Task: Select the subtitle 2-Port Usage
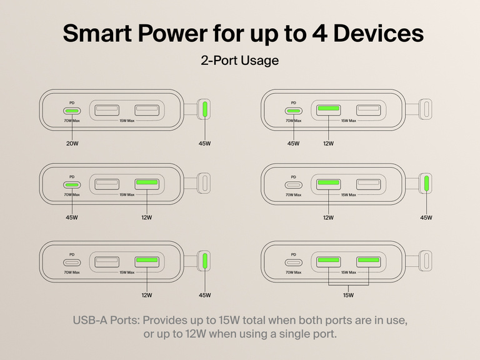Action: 239,61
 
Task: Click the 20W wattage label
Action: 72,143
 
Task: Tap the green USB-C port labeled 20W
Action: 72,111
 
